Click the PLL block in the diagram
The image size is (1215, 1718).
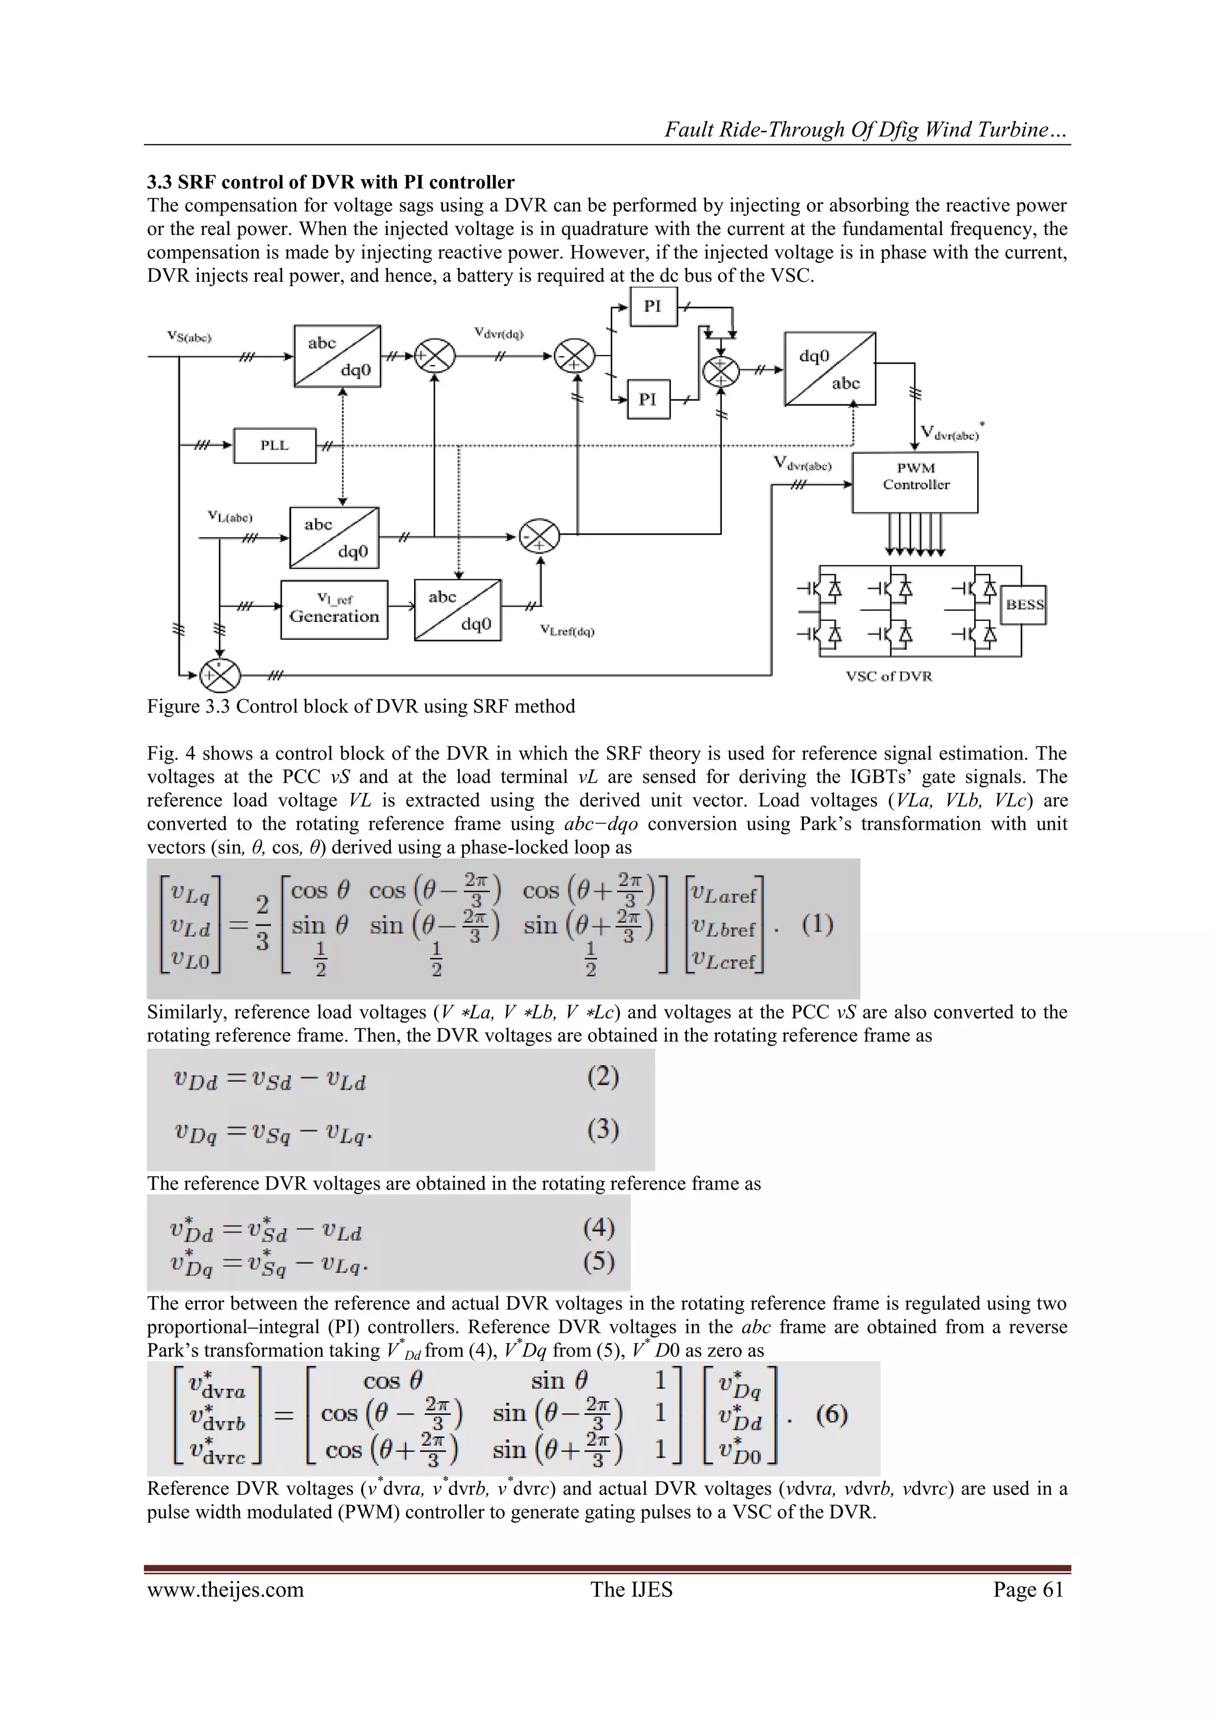click(275, 446)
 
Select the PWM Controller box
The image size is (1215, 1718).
click(915, 482)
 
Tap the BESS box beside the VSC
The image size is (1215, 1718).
click(1024, 605)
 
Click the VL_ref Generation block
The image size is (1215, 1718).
click(335, 610)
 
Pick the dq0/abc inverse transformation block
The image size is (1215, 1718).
click(830, 370)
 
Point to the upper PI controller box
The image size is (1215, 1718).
click(653, 306)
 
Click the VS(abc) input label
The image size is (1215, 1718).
click(189, 338)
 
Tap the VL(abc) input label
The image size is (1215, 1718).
click(230, 517)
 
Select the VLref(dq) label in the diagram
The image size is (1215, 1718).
click(567, 631)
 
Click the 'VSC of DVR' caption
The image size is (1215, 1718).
click(889, 677)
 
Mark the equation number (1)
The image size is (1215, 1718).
click(817, 925)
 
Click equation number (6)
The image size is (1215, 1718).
click(831, 1414)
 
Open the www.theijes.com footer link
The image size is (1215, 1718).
click(225, 1589)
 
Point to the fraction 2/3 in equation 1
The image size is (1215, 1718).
click(262, 924)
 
